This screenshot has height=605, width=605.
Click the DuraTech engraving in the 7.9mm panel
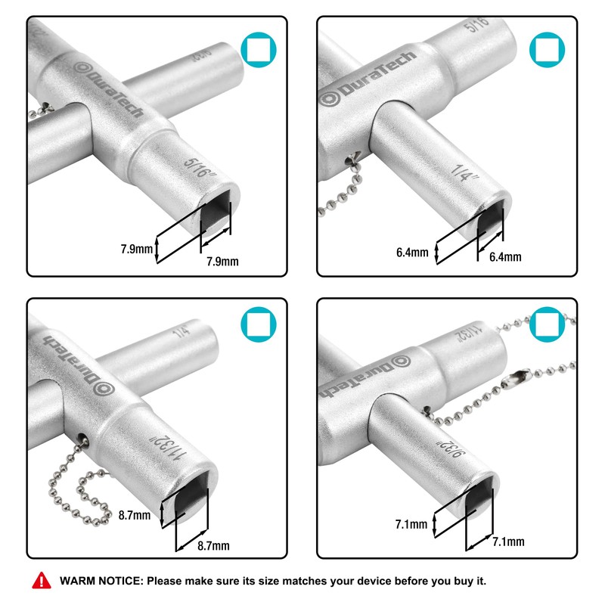pos(106,86)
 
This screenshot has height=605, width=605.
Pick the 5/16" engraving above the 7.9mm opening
pos(200,164)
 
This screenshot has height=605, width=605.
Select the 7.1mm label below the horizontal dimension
pos(508,541)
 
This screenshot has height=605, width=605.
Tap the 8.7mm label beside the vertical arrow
pos(135,516)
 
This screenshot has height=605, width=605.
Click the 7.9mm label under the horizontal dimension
pos(222,262)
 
